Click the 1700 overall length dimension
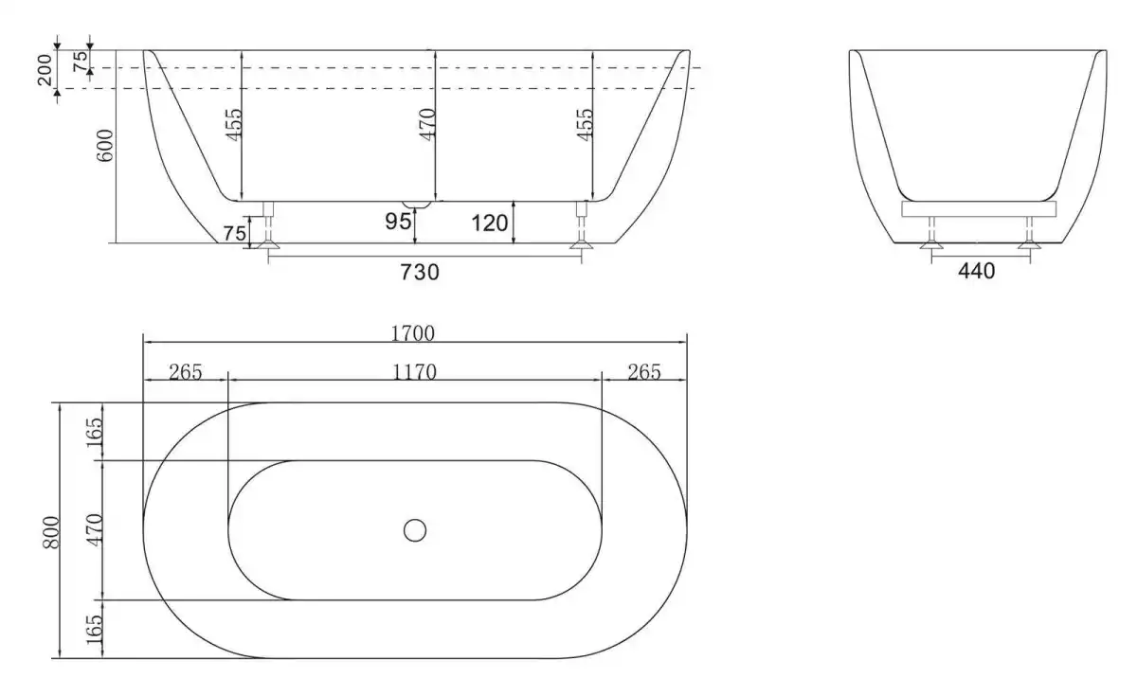pyautogui.click(x=413, y=333)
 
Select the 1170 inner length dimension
pyautogui.click(x=414, y=373)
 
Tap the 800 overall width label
pyautogui.click(x=51, y=532)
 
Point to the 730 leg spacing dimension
pyautogui.click(x=420, y=273)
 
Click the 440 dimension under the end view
pyautogui.click(x=977, y=272)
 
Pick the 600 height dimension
pyautogui.click(x=105, y=146)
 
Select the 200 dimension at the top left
pyautogui.click(x=45, y=70)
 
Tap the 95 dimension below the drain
pyautogui.click(x=398, y=222)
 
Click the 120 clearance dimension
pyautogui.click(x=489, y=223)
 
